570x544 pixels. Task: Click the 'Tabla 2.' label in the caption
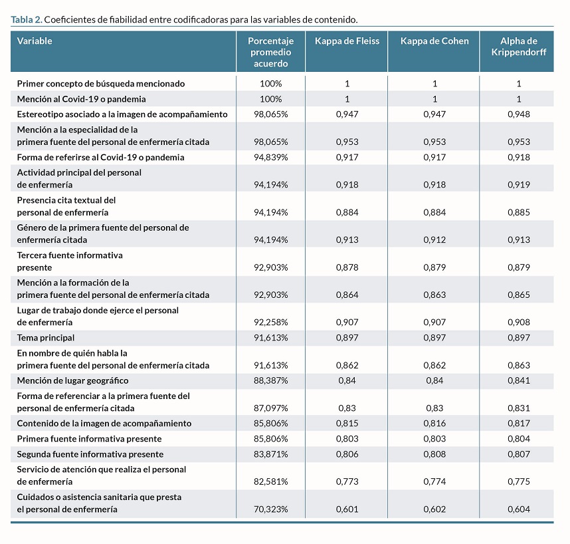27,20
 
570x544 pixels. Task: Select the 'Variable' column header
35,41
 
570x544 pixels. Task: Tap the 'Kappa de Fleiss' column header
347,41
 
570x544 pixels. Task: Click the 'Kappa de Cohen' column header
434,41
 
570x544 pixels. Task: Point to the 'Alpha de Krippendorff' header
519,47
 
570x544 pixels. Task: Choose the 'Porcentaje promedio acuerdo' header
271,52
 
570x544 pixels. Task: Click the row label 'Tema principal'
46,338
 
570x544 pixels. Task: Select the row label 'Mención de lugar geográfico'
72,380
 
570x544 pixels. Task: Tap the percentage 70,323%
271,509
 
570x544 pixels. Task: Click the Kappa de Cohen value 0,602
434,509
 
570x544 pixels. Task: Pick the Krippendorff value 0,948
519,114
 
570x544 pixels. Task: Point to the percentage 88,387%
271,380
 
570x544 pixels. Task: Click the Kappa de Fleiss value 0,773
347,481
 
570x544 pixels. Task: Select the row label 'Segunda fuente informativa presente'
90,454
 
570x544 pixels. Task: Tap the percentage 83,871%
271,454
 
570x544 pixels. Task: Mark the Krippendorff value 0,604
519,509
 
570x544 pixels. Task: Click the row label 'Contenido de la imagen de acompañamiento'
104,424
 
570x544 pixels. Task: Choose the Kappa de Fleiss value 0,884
347,212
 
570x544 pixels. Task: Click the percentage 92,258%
271,323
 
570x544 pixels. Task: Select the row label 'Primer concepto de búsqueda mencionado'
101,84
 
